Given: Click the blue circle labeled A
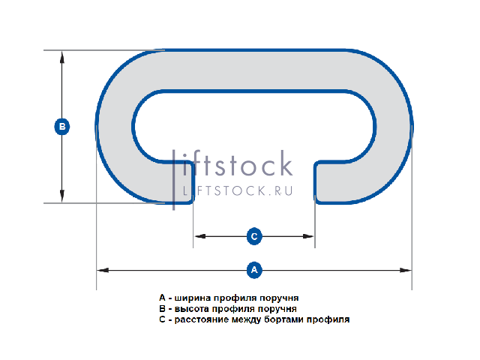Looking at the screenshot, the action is pyautogui.click(x=254, y=270).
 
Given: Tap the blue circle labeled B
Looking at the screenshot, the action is pyautogui.click(x=61, y=127).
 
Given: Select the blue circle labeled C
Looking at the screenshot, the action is pyautogui.click(x=254, y=236).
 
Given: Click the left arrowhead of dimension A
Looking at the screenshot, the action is pyautogui.click(x=103, y=270).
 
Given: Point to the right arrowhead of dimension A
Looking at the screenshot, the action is pyautogui.click(x=406, y=270).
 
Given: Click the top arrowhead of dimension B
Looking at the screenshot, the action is pyautogui.click(x=61, y=57).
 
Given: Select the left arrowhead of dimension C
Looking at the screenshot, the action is pyautogui.click(x=200, y=236).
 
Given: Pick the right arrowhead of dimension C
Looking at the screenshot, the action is pyautogui.click(x=308, y=236).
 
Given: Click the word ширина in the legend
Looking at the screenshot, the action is pyautogui.click(x=192, y=298).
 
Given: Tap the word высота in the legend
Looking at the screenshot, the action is pyautogui.click(x=191, y=308).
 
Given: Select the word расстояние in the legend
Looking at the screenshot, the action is pyautogui.click(x=202, y=319).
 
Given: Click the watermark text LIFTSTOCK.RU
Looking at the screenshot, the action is pyautogui.click(x=238, y=190).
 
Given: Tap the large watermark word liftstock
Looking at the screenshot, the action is pyautogui.click(x=232, y=164).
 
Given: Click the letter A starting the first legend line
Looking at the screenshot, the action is pyautogui.click(x=162, y=298).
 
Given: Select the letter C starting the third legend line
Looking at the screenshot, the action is pyautogui.click(x=162, y=319).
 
